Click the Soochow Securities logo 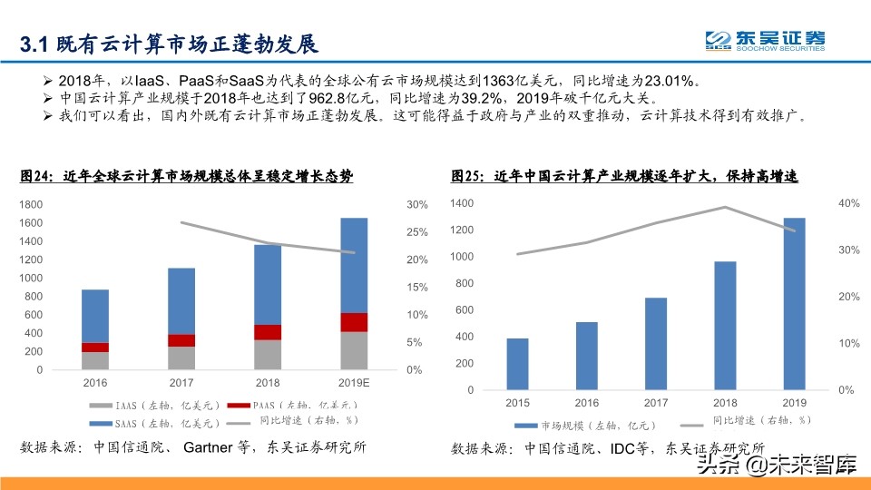pyautogui.click(x=766, y=42)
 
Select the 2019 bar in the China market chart pyautogui.click(x=794, y=303)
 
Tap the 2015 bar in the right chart pyautogui.click(x=517, y=364)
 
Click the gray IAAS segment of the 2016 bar pyautogui.click(x=95, y=360)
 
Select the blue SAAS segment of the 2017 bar pyautogui.click(x=181, y=300)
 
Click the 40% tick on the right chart pyautogui.click(x=848, y=204)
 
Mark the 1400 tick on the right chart pyautogui.click(x=461, y=204)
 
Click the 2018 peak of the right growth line pyautogui.click(x=724, y=207)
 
